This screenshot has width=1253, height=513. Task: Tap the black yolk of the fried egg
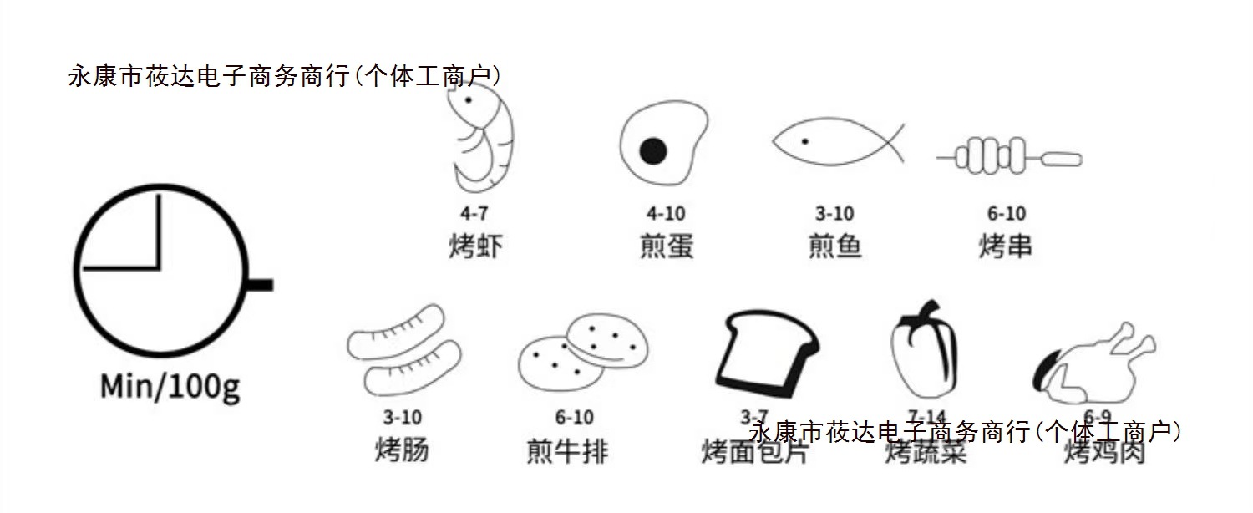tap(652, 150)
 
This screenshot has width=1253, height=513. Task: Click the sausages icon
tap(404, 351)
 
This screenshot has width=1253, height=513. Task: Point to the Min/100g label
tap(170, 386)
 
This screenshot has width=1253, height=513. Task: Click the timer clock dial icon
tap(160, 269)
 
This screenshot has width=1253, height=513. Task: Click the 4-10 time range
tap(666, 215)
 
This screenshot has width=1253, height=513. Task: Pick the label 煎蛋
tap(666, 246)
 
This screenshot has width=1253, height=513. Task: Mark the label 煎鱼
tap(834, 246)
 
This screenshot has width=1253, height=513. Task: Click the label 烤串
tap(1006, 246)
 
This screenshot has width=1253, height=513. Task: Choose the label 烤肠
tap(402, 450)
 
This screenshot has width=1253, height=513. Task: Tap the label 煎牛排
tap(568, 450)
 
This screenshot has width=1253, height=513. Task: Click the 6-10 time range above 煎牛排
tap(574, 417)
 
